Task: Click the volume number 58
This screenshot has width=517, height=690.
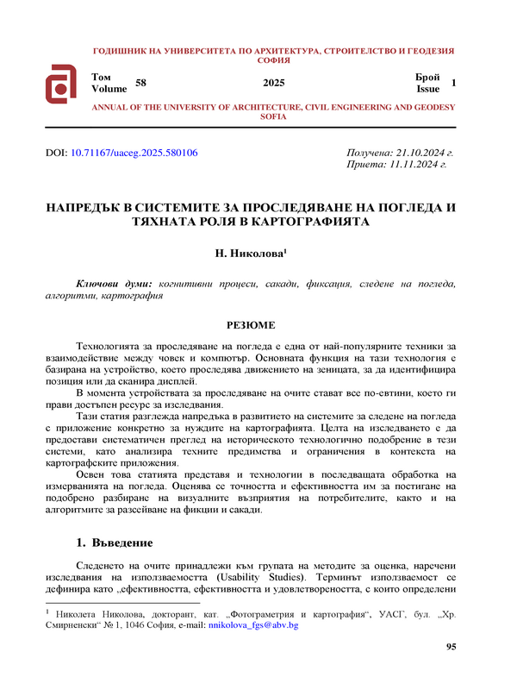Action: (x=141, y=82)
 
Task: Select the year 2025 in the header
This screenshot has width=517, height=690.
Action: (x=273, y=83)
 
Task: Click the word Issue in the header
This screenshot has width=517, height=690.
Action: (x=427, y=88)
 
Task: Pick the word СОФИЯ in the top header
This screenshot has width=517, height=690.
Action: (x=273, y=61)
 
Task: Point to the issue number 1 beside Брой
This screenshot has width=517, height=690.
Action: (x=453, y=82)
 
